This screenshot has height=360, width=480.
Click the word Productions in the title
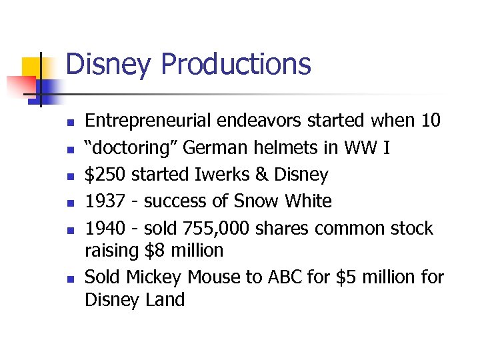pos(236,65)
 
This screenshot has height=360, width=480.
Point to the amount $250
pos(105,175)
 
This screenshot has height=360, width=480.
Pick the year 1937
pos(107,201)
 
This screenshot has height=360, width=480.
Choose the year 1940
pos(107,228)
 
